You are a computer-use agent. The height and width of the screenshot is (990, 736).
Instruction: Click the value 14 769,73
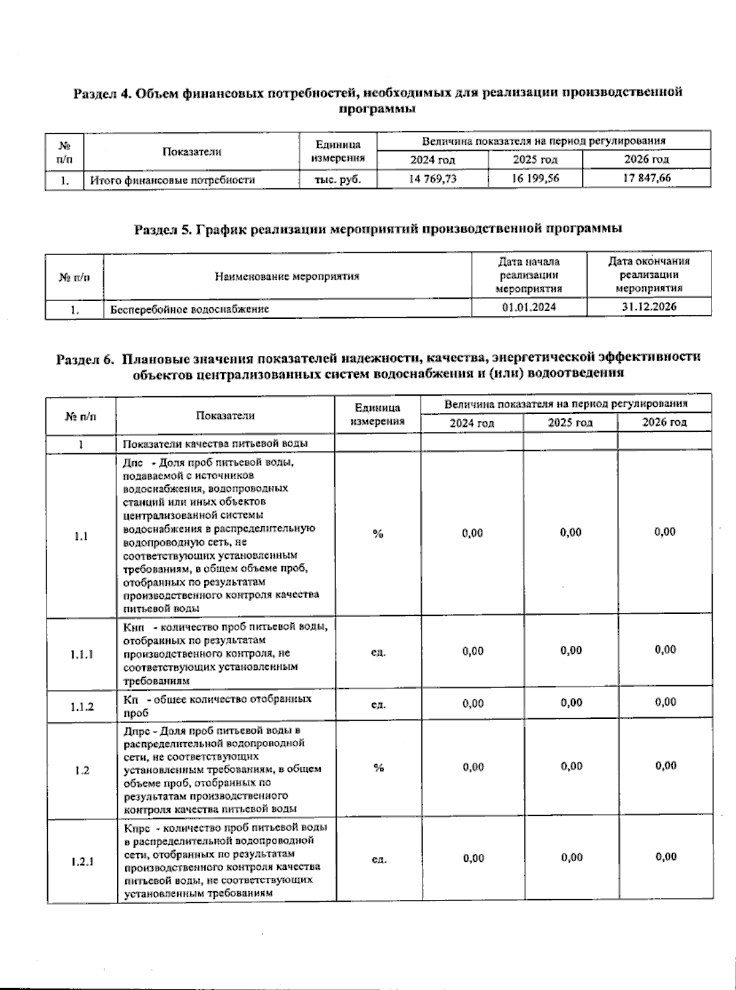point(432,178)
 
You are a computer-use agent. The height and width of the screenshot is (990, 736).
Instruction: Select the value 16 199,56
point(535,178)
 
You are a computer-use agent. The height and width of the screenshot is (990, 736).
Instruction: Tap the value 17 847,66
point(647,178)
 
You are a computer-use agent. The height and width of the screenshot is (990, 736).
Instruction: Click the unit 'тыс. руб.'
point(337,179)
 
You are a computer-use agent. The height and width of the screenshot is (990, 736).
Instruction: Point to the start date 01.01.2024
point(529,307)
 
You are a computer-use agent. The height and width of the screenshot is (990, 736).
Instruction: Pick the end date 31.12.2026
point(649,307)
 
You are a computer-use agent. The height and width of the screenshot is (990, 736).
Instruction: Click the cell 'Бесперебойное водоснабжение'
point(190,309)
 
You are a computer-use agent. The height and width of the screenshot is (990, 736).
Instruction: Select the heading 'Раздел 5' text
point(378,229)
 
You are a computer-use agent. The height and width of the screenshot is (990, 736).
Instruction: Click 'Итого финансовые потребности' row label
point(172,180)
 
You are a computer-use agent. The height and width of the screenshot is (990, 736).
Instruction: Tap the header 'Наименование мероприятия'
point(287,276)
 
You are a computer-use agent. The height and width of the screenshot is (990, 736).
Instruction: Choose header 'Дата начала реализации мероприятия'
point(529,275)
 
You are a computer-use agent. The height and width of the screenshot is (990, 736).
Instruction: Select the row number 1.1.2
point(82,706)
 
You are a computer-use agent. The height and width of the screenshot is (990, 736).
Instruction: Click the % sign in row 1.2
point(378,768)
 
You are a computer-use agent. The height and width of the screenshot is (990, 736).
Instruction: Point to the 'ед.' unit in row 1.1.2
point(378,705)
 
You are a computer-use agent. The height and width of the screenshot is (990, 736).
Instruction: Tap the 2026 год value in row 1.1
point(665,532)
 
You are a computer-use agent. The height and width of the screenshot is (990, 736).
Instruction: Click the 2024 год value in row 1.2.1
point(473,858)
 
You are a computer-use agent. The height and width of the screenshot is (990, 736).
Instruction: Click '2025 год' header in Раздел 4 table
point(535,159)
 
